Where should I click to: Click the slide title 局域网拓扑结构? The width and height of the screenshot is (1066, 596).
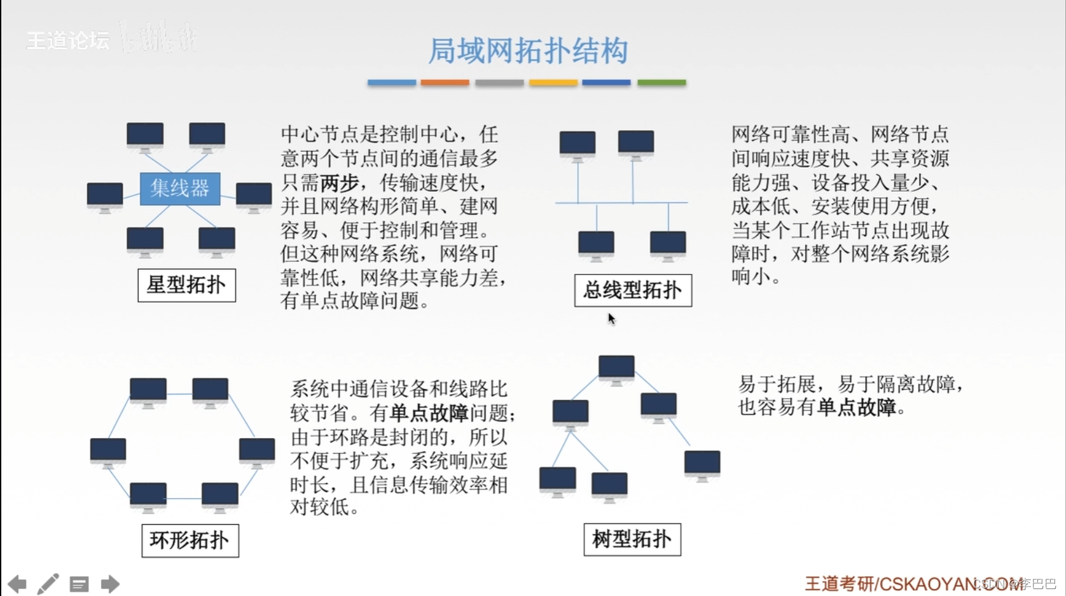tap(528, 51)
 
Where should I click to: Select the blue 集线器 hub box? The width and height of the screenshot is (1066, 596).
tap(180, 188)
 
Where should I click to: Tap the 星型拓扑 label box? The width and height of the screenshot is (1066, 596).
tap(186, 285)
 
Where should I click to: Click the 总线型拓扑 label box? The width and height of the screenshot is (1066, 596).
tap(632, 290)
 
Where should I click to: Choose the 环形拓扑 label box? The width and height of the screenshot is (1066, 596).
tap(190, 541)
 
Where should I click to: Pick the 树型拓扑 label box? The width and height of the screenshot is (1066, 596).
tap(632, 539)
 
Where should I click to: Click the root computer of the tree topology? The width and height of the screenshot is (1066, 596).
tap(616, 368)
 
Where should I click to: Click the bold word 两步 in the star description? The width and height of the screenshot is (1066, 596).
tap(340, 183)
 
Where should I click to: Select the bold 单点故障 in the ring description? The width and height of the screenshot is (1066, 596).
tap(429, 413)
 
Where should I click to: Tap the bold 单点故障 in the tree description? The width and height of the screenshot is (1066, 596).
tap(856, 407)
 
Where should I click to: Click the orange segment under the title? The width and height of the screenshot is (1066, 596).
tap(445, 82)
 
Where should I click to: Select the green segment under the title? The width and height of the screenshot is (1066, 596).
tap(661, 82)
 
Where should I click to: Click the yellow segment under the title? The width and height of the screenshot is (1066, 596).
tap(553, 82)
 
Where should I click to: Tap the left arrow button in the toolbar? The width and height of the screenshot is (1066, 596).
tap(17, 584)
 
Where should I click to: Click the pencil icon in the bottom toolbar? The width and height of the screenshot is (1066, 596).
tap(48, 584)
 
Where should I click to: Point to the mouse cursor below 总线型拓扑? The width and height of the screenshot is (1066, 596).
tap(611, 318)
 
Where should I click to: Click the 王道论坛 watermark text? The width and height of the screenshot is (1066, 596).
tap(68, 41)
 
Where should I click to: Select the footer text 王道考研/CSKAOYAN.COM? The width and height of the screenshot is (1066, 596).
tap(915, 583)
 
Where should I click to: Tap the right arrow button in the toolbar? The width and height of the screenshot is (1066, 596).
tap(110, 584)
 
